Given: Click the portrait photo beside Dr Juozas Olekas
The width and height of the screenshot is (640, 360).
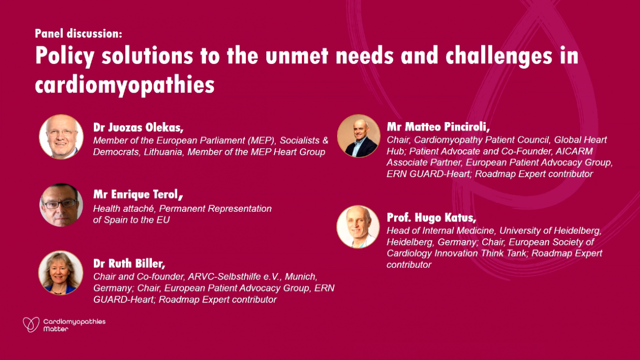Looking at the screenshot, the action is (x=61, y=137).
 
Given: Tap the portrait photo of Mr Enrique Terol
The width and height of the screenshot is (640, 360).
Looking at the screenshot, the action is (x=61, y=205).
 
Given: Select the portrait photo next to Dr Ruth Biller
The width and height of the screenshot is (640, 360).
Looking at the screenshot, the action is (x=61, y=273).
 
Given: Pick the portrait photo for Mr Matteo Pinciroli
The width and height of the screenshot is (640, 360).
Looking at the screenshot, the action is (x=358, y=136).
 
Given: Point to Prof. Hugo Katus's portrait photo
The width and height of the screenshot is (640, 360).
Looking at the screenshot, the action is (x=358, y=227).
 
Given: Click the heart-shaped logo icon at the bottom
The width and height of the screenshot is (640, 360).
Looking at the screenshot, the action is (x=31, y=324).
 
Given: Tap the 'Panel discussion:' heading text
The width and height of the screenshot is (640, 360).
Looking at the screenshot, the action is (x=78, y=34).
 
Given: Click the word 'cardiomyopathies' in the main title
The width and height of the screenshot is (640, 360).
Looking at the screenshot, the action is (x=125, y=85).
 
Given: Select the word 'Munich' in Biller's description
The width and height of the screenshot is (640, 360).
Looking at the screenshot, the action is (x=300, y=277).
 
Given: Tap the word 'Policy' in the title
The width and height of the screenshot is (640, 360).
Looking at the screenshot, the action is (x=65, y=57).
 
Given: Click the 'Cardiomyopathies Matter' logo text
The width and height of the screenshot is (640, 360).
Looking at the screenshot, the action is (x=74, y=325).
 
